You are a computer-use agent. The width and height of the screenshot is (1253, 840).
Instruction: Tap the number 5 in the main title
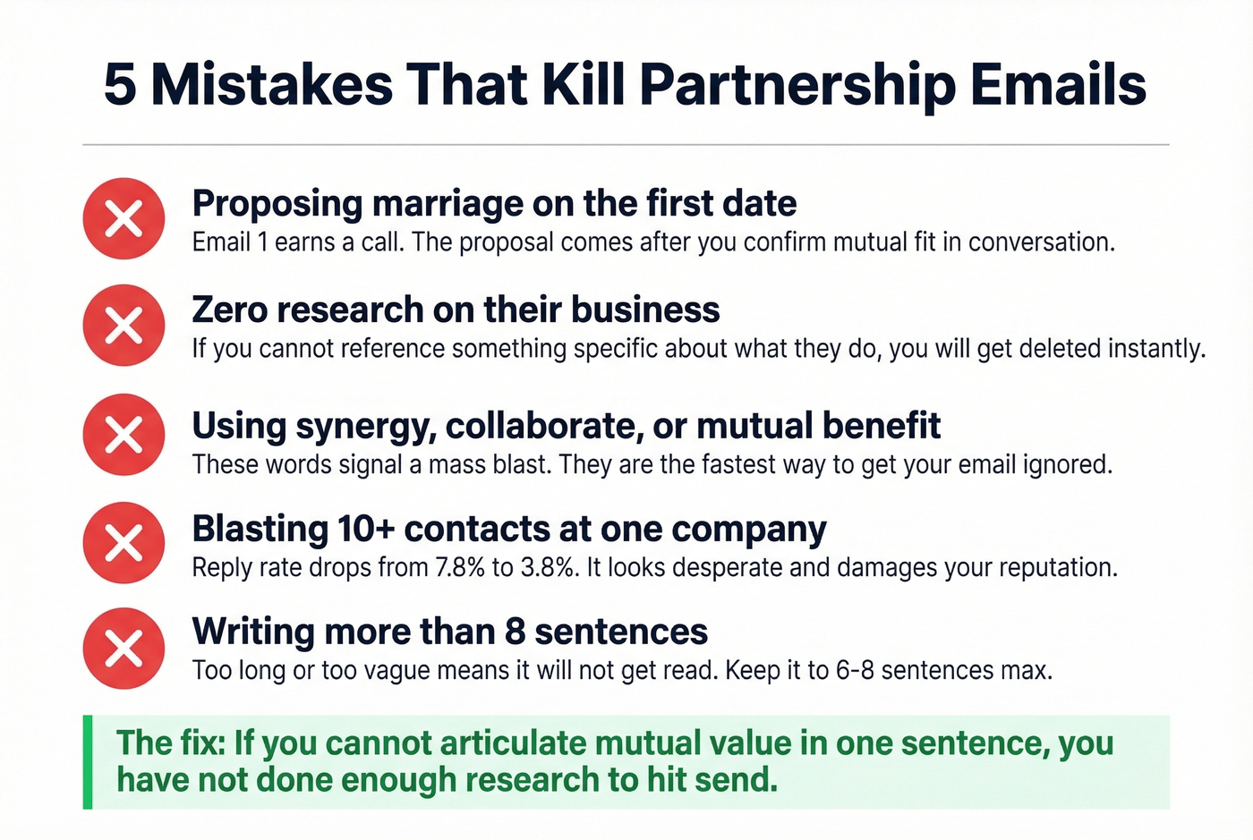tap(120, 86)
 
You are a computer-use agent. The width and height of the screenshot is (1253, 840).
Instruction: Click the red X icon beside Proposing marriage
tap(124, 218)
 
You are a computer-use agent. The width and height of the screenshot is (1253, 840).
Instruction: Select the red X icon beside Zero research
tap(124, 325)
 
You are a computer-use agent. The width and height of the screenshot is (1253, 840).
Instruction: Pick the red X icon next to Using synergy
tap(124, 434)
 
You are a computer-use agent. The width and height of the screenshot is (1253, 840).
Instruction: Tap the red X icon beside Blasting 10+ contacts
tap(124, 542)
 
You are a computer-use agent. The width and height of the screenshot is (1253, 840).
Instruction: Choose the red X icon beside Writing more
tap(124, 648)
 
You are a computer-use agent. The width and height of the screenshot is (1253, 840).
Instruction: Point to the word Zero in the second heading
tap(228, 310)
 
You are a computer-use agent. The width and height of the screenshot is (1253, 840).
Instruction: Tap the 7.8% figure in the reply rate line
tap(460, 568)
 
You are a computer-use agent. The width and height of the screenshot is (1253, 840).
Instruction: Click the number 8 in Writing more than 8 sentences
tap(515, 632)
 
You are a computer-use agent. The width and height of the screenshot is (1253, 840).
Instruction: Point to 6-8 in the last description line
tap(854, 671)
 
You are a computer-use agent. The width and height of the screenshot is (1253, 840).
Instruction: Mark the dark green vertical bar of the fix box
tap(88, 762)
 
